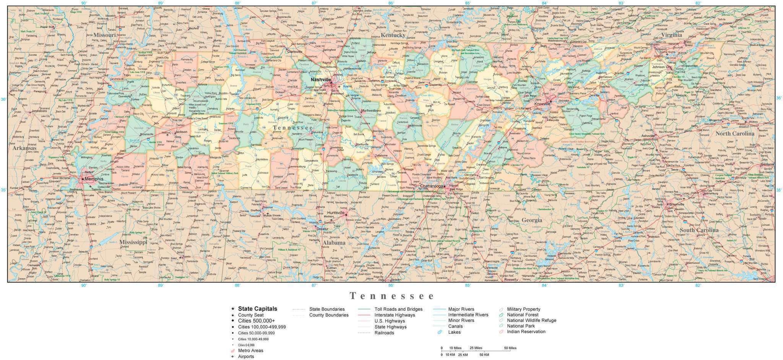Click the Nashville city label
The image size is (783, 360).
320,79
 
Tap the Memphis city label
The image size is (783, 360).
94,178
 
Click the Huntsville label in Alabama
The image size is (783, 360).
336,212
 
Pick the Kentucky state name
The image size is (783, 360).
393,35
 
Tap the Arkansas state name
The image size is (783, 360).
24,148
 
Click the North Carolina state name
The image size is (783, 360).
734,133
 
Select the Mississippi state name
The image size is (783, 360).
133,242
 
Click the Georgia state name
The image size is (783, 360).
532,220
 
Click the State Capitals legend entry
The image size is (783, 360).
257,309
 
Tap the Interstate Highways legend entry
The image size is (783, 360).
395,315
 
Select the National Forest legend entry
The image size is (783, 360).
523,315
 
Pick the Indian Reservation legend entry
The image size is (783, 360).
526,331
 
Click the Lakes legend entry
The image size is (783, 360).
454,332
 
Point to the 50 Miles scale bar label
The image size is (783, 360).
510,348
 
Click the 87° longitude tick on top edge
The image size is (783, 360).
314,3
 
